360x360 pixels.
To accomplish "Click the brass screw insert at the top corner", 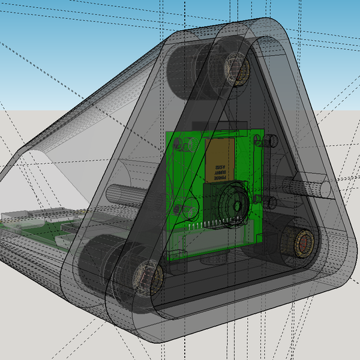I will [238, 68].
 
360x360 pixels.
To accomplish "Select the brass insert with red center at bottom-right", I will [302, 243].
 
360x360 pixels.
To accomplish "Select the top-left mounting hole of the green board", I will [178, 144].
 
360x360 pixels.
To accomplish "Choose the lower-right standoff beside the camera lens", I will [268, 201].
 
